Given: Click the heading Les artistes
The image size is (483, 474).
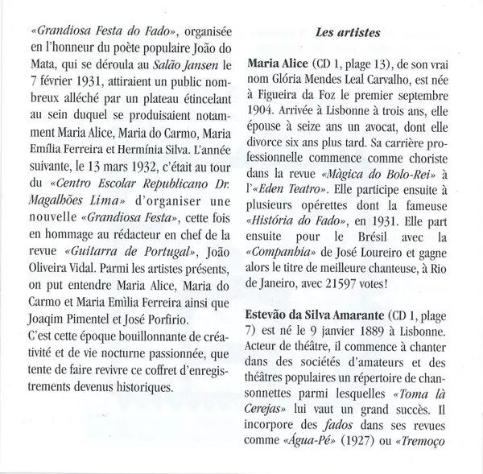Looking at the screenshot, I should point(348,35).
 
